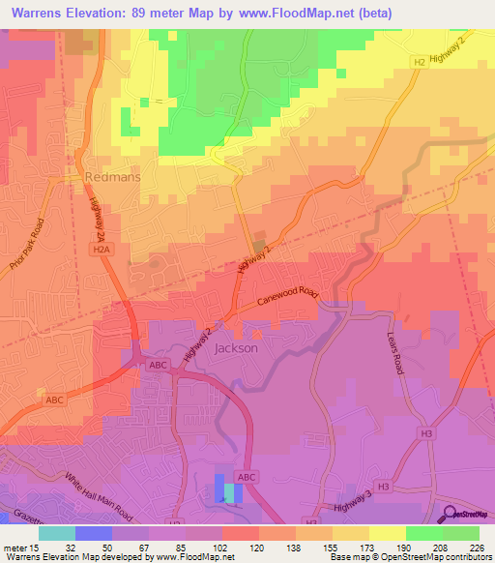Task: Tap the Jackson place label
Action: (237, 348)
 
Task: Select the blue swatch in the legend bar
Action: (93, 532)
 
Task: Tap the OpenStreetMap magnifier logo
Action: (449, 515)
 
